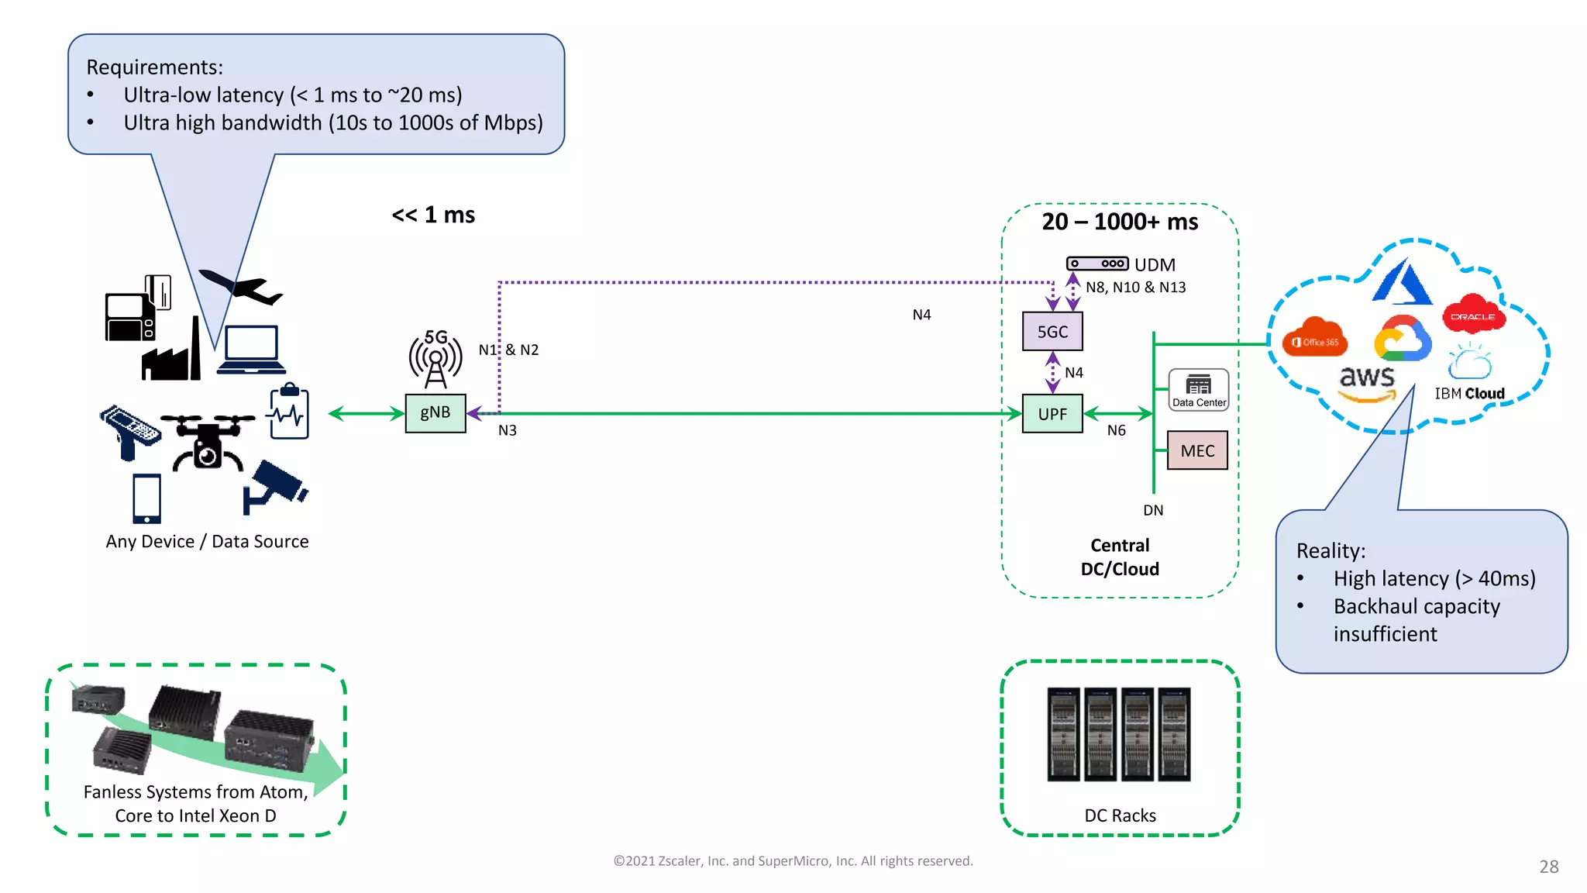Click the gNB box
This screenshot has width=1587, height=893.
coord(435,413)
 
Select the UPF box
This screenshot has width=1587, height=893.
coord(1052,414)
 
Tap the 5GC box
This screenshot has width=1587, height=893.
coord(1052,332)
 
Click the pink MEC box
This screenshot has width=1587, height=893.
coord(1197,450)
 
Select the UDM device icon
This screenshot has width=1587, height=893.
coord(1097,264)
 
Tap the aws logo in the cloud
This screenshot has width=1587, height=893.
coord(1367,381)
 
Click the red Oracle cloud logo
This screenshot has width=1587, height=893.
coord(1473,314)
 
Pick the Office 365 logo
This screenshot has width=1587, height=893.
coord(1315,339)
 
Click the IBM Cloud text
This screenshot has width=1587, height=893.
coord(1469,394)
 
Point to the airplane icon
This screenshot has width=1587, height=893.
coord(241,288)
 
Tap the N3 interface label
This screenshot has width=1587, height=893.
coord(508,430)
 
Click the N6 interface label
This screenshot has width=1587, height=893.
coord(1116,430)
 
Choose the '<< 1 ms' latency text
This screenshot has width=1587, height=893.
coord(433,215)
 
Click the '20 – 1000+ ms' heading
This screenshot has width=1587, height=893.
coord(1120,222)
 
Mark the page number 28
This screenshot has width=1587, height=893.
coord(1548,867)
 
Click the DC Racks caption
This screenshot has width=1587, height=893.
coord(1120,815)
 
